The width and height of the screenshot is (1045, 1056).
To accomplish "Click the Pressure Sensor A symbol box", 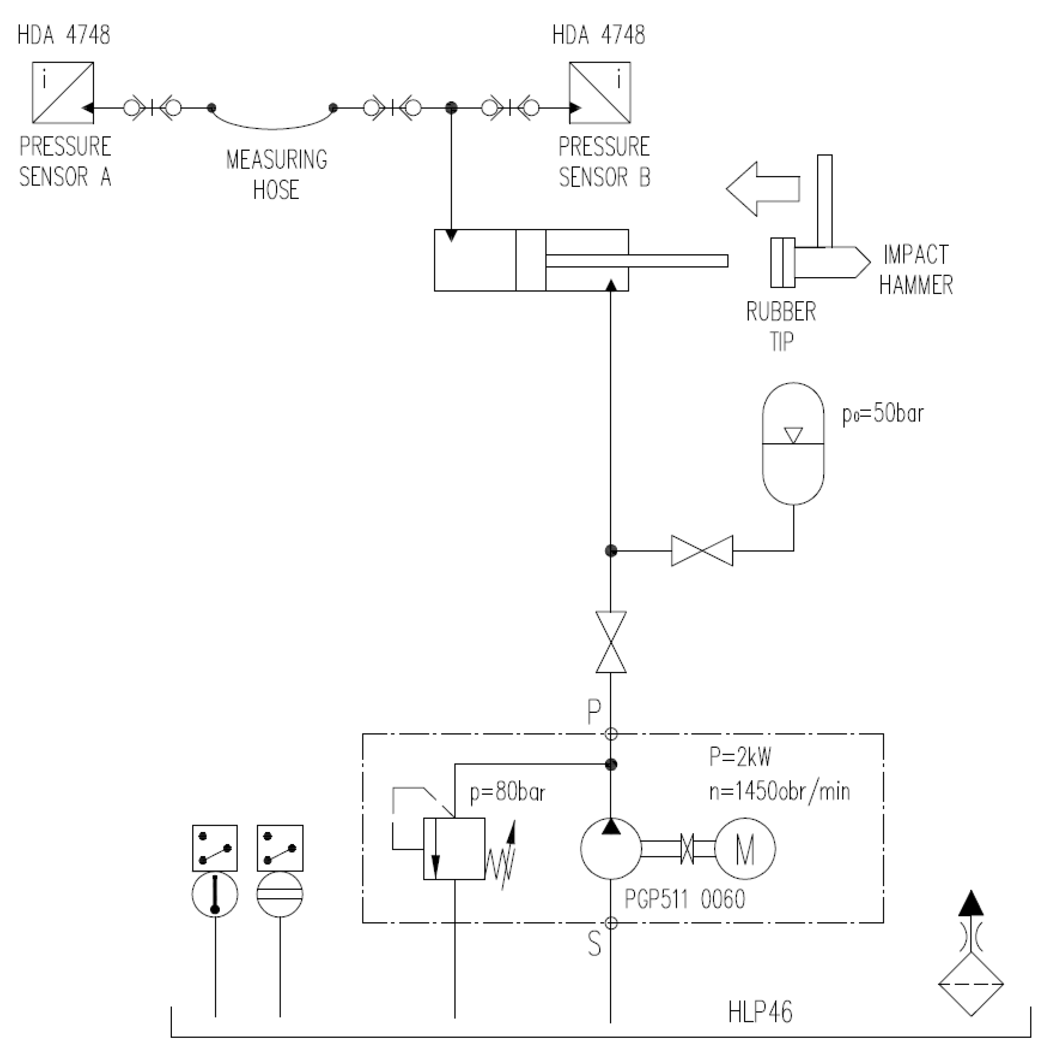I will pyautogui.click(x=62, y=92).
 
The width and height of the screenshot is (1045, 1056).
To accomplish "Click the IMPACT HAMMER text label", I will pyautogui.click(x=915, y=270).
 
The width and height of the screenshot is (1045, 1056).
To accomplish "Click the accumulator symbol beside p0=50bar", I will pyautogui.click(x=793, y=443).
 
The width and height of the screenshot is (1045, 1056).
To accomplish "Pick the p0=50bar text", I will pyautogui.click(x=882, y=414).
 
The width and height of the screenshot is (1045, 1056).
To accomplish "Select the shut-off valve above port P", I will pyautogui.click(x=611, y=642).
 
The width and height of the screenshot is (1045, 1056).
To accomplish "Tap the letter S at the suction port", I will pyautogui.click(x=594, y=943).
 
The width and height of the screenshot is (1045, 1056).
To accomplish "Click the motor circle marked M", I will pyautogui.click(x=744, y=849).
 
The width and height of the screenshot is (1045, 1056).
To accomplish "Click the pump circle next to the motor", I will pyautogui.click(x=611, y=849).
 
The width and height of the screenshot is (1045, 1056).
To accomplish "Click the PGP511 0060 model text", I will pyautogui.click(x=685, y=899).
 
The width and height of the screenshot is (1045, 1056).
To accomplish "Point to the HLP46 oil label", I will pyautogui.click(x=760, y=1012).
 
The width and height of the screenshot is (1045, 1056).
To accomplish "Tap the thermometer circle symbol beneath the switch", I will pyautogui.click(x=215, y=895).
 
